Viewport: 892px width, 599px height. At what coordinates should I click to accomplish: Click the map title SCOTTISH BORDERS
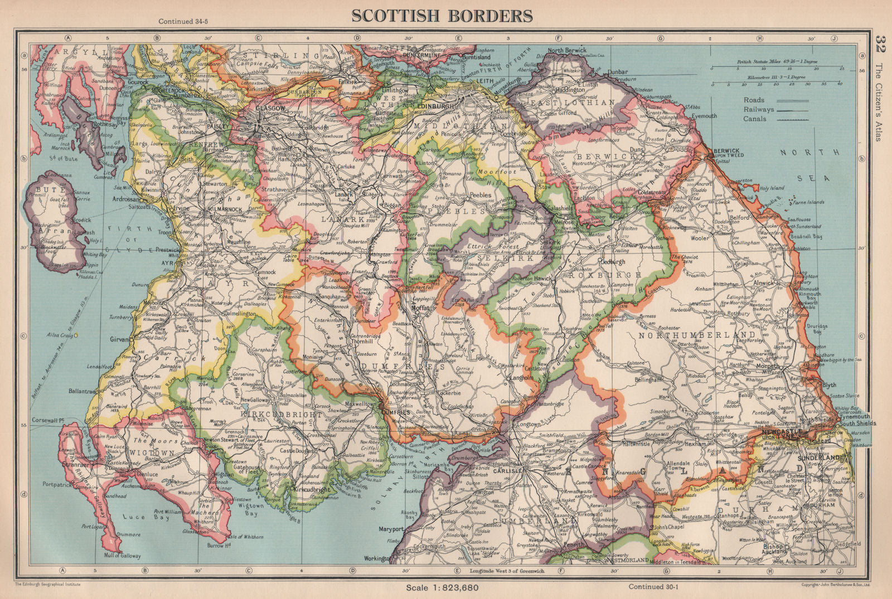442,16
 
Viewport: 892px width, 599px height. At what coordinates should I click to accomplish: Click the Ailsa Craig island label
60,334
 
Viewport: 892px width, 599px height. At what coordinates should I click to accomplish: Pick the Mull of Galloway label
122,556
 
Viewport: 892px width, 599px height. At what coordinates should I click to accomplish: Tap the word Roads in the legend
754,100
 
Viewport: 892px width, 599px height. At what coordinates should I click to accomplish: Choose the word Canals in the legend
755,119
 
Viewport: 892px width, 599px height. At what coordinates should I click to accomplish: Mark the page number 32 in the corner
880,43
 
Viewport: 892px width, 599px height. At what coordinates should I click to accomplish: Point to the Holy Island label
771,188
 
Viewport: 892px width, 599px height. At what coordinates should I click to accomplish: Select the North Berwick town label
568,51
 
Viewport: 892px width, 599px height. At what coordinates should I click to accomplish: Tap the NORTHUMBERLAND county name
697,335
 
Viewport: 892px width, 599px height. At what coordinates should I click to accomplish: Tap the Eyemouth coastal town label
704,116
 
